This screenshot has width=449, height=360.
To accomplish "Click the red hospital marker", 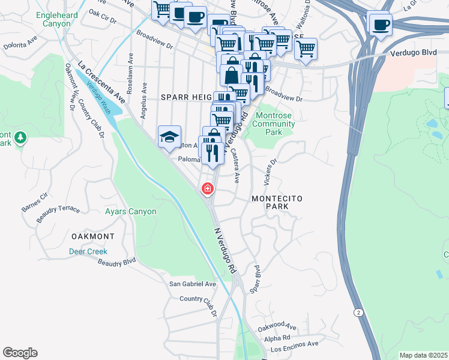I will pos(208,189).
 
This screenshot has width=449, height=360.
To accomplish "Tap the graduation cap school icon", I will pos(169,136).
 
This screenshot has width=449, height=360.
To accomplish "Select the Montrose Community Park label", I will pos(273,124).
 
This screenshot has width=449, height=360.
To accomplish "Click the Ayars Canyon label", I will pos(130,211).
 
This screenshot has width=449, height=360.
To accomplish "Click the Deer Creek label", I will pos(88,251).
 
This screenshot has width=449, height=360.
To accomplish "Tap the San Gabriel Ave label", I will pos(192,284).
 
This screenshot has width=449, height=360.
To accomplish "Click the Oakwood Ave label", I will pos(277,327).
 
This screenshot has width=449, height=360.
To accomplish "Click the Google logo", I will pos(20,353).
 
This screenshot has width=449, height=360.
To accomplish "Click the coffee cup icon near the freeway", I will pos(381,25).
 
